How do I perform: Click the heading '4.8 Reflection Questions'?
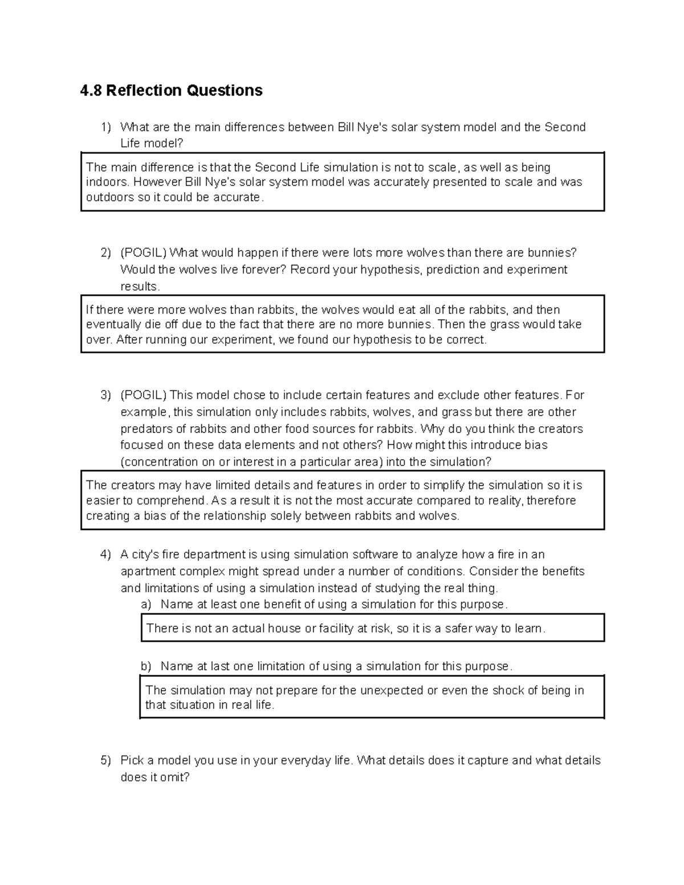tap(171, 91)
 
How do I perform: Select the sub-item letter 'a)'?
tap(146, 604)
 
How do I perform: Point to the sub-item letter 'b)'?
tap(146, 666)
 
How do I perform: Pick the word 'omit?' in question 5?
tap(174, 777)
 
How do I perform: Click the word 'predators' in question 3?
tap(144, 429)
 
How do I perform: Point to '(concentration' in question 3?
tap(159, 462)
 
